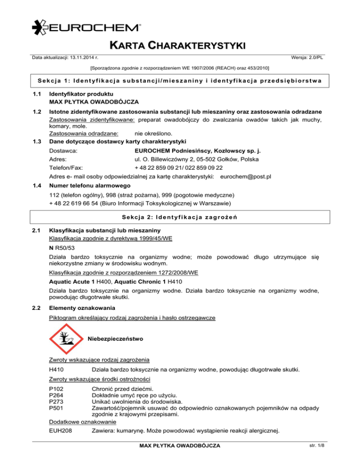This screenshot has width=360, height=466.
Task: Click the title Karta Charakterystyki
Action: pos(180,46)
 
